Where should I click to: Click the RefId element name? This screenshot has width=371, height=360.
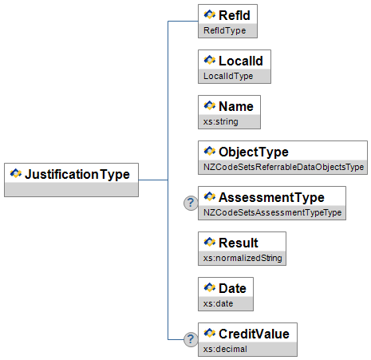tap(235, 15)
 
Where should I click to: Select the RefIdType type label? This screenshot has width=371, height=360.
tap(225, 30)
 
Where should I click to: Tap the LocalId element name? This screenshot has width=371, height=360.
tap(241, 61)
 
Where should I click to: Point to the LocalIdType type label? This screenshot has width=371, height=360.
tap(228, 76)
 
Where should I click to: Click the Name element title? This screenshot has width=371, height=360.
tap(236, 106)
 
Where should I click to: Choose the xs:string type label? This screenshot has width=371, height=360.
tap(221, 121)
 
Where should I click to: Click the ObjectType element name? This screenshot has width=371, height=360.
tap(254, 152)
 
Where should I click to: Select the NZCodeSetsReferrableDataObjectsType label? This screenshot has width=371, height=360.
tap(283, 167)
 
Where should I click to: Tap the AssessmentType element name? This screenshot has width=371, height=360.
tap(271, 197)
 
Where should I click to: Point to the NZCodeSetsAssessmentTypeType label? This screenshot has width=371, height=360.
tap(272, 212)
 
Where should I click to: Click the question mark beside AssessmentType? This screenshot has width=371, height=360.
tap(191, 203)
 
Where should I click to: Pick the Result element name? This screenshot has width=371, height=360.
tap(239, 243)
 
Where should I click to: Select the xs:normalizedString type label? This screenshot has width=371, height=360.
tap(243, 258)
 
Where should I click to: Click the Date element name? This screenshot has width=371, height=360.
tap(232, 288)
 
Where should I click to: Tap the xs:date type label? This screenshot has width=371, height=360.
tap(218, 303)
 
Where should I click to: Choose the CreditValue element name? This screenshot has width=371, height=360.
tap(254, 334)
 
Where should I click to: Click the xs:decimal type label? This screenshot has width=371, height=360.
tap(225, 349)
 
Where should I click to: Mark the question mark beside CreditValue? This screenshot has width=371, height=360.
tap(191, 339)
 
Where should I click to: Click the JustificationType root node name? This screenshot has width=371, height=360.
tap(77, 175)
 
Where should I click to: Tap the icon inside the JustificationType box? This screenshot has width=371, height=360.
tap(16, 173)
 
